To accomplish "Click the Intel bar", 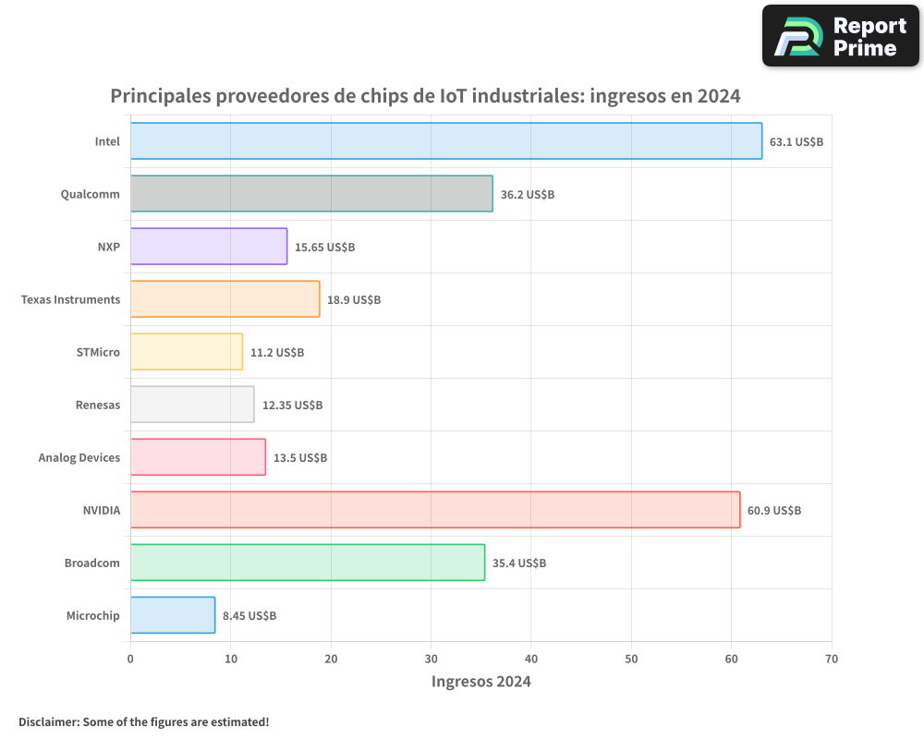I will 445,141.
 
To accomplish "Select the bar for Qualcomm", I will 311,194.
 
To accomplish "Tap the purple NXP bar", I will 209,247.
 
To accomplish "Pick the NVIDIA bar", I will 435,510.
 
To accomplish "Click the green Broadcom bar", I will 308,563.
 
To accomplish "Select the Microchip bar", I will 173,615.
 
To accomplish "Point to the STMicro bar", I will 187,352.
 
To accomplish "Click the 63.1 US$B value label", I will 796,142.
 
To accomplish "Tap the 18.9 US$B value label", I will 354,300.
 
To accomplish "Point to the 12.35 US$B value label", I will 292,406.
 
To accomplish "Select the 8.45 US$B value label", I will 249,616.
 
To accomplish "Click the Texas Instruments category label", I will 70,299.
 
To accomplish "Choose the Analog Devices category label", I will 79,457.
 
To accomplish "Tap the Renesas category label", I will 98,405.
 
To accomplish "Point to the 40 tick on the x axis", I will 531,660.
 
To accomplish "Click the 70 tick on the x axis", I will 832,660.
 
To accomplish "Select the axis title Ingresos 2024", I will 481,682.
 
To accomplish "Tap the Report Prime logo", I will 841,36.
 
